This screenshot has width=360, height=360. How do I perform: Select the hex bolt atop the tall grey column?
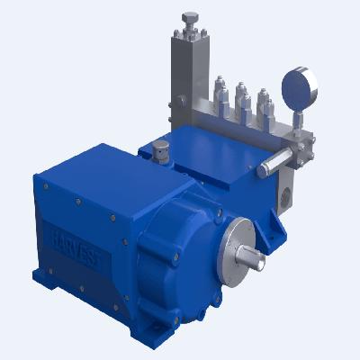pos(190,19)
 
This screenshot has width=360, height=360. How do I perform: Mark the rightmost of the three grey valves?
pos(264,106)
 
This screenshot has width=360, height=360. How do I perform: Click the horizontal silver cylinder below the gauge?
pos(279,157)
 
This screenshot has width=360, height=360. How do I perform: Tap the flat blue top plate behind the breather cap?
pos(211,148)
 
